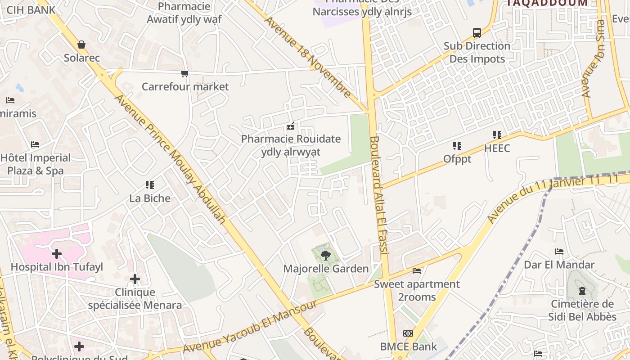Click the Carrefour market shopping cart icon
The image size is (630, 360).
point(184,73)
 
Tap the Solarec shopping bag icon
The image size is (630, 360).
point(81,45)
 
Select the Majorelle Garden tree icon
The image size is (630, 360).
point(325,256)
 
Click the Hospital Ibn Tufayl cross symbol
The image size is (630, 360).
point(57,254)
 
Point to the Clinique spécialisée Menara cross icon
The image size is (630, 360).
point(135,279)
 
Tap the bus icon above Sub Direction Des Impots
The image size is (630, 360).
point(477,32)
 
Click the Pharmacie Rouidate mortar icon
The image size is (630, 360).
point(291,126)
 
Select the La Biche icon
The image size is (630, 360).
point(150,185)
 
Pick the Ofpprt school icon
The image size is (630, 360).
point(457,146)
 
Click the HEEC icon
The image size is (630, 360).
point(497,135)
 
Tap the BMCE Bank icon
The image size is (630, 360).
point(408,333)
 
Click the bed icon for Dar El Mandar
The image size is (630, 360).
point(559,252)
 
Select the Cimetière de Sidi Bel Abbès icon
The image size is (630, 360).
point(582,291)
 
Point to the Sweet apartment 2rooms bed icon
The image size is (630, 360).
point(417,271)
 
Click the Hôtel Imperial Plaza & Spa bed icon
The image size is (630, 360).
point(35,144)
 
